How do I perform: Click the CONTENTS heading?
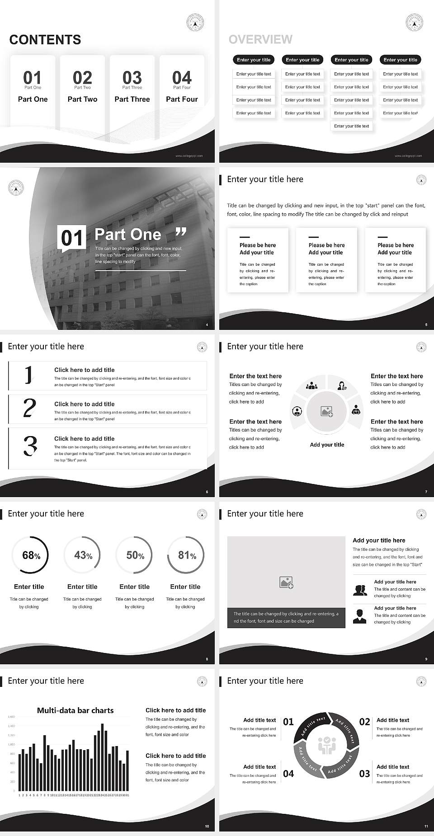point(45,40)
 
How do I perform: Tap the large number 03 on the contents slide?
point(132,77)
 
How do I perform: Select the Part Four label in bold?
point(182,99)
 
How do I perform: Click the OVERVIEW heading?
point(260,39)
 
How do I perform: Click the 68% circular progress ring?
point(30,555)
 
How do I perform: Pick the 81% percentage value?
point(187,555)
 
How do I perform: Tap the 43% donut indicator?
point(82,555)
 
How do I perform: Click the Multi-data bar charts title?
point(75,710)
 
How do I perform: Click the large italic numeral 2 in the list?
point(29,409)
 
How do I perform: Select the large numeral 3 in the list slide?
point(30,446)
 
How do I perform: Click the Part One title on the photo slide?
point(127,234)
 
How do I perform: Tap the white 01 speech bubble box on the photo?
point(72,238)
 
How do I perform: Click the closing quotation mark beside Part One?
point(180,232)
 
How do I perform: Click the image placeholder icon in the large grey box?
point(286,582)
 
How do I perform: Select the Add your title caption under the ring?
point(327,445)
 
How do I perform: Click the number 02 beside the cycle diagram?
point(364,722)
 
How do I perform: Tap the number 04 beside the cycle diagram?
point(288,774)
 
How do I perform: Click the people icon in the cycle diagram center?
point(326,746)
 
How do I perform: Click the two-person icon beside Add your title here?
point(360,590)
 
